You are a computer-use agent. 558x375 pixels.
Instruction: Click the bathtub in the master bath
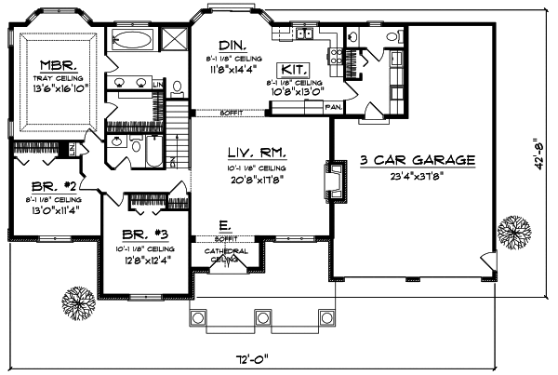click(x=135, y=40)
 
